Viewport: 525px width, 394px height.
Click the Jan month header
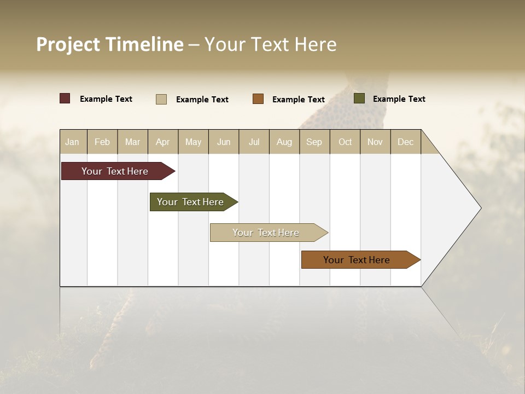click(72, 142)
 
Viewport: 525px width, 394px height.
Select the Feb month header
click(102, 142)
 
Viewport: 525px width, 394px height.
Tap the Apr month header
click(163, 142)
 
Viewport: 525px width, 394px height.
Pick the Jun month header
click(224, 142)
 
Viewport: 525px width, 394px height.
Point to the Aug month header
click(284, 142)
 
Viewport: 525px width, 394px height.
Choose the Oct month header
click(345, 142)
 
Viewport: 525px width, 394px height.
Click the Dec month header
click(406, 142)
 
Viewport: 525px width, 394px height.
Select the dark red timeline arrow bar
click(115, 171)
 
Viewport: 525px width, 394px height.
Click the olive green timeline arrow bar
click(190, 202)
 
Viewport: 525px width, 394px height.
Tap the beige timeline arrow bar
click(266, 233)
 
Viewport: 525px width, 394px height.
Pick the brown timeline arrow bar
click(357, 260)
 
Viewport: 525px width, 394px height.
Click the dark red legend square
click(65, 99)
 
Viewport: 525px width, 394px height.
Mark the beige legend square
click(161, 99)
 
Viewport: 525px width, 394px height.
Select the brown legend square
click(258, 99)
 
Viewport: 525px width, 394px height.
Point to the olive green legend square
click(359, 99)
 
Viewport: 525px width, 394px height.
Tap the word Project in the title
click(68, 44)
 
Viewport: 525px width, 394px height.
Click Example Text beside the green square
click(399, 99)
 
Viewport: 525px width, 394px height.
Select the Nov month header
click(375, 142)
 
